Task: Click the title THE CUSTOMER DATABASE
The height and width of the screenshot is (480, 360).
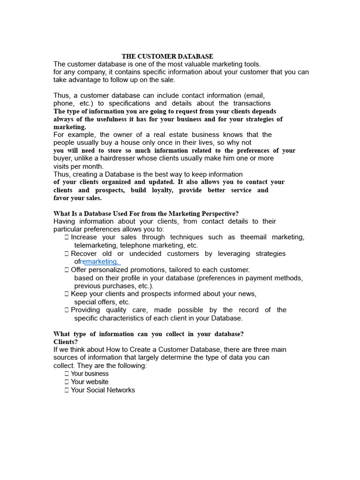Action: click(x=167, y=56)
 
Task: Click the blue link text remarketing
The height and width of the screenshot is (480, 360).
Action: click(x=100, y=262)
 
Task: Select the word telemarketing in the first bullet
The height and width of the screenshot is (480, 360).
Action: click(x=96, y=245)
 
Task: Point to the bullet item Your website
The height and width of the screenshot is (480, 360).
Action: click(x=90, y=382)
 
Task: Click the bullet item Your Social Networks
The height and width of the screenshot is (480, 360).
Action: click(x=103, y=390)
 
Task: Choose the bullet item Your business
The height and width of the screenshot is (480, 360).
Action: click(x=90, y=374)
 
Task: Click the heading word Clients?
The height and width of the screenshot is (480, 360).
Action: click(x=66, y=342)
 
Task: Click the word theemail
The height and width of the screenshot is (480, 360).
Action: click(x=254, y=237)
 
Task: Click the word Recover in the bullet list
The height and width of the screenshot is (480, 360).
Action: click(x=84, y=254)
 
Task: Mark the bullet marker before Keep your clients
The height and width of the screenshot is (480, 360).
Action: click(x=67, y=294)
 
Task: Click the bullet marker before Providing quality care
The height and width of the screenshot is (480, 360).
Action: click(x=67, y=310)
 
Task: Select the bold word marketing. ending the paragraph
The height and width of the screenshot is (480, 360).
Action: click(x=70, y=127)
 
